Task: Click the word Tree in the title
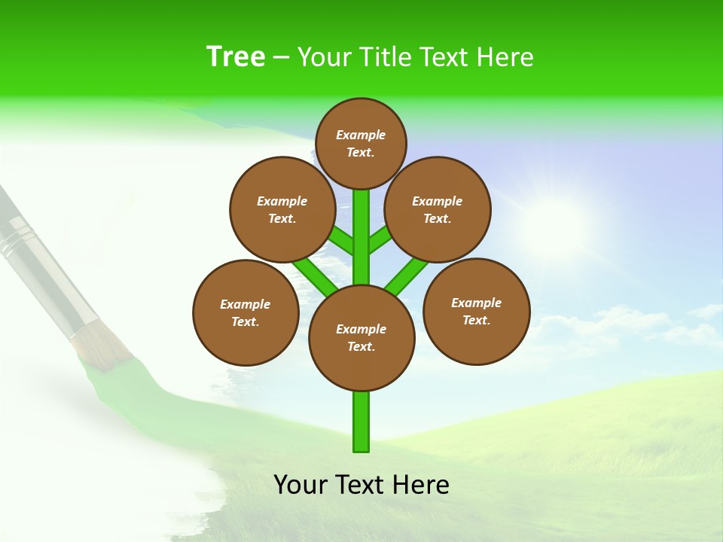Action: (x=236, y=57)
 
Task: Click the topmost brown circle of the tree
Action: (x=361, y=143)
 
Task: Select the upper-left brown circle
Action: (x=282, y=209)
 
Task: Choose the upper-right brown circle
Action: (x=438, y=209)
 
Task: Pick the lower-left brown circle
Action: (x=246, y=312)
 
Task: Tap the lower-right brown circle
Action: (x=477, y=311)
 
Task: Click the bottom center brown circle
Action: (x=361, y=337)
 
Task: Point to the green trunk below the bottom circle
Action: (x=361, y=422)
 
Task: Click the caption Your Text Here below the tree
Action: (x=361, y=485)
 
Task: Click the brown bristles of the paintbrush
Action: (x=102, y=345)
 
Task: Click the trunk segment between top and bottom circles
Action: (x=361, y=237)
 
